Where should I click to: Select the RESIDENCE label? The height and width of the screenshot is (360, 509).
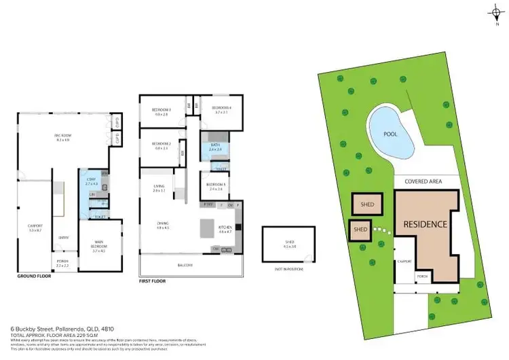click(425, 224)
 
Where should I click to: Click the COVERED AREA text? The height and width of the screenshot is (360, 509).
click(423, 181)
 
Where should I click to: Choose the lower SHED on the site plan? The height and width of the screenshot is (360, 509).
click(360, 230)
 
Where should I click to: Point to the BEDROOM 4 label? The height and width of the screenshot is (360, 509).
click(221, 109)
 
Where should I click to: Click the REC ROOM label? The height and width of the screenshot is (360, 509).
click(62, 137)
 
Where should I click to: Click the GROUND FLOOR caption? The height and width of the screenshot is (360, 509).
click(34, 277)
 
